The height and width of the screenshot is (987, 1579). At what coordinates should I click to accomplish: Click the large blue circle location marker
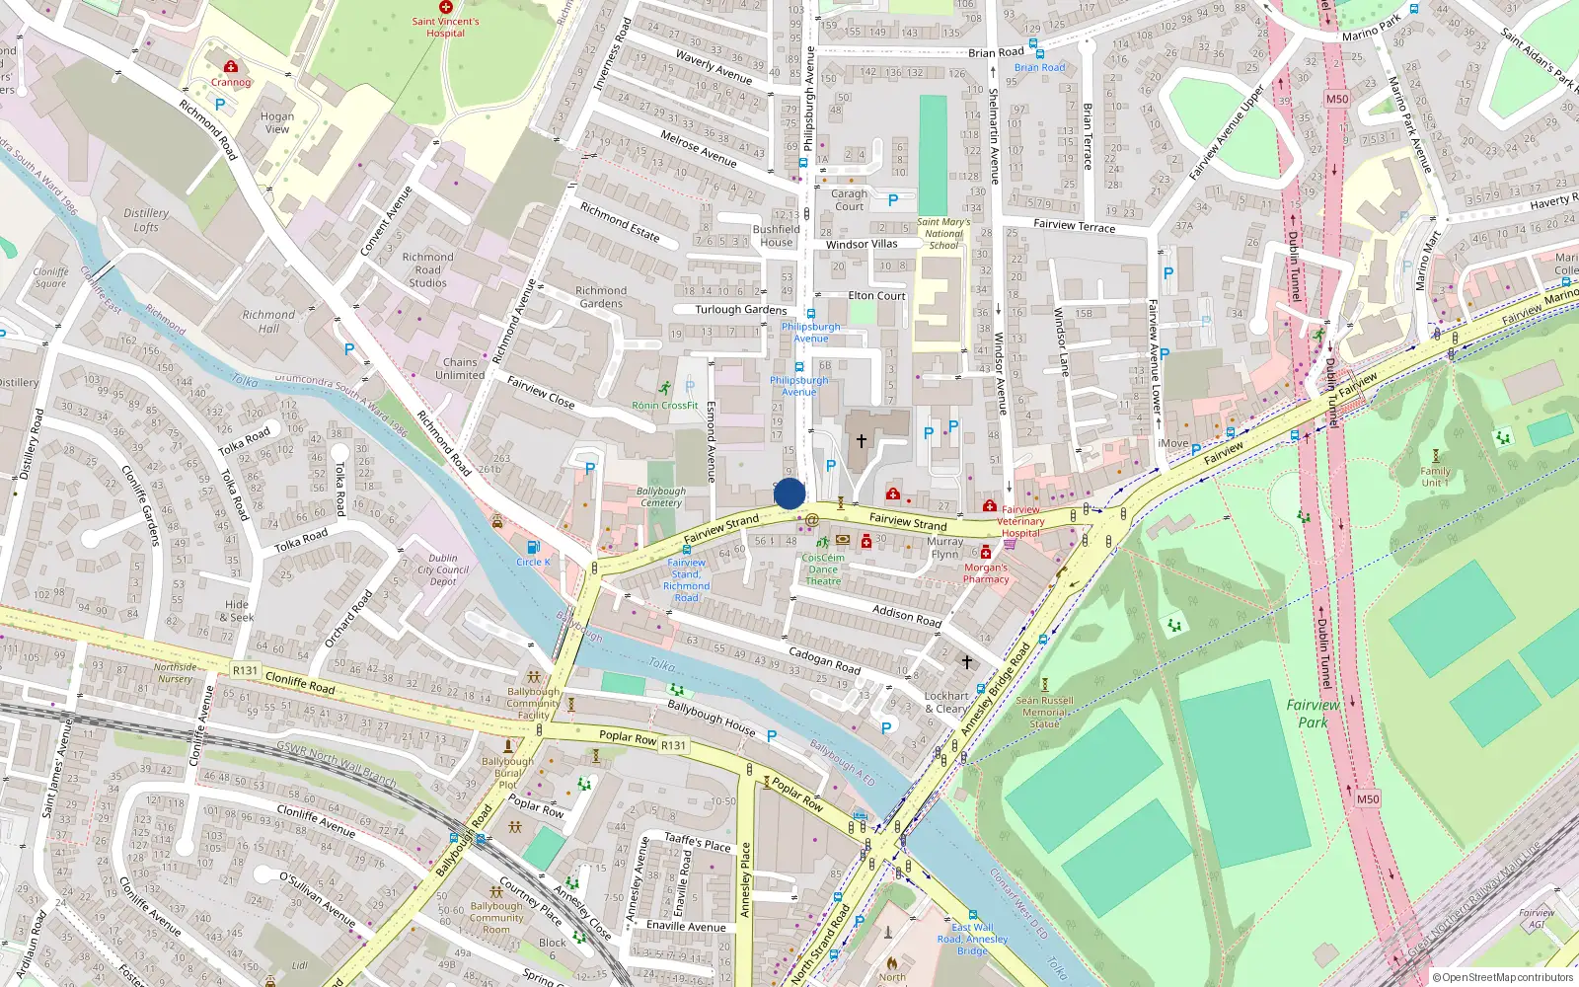click(x=789, y=493)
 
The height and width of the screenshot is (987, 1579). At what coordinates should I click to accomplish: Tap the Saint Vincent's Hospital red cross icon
click(x=446, y=7)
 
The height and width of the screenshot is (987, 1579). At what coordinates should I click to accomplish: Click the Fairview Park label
click(x=1313, y=714)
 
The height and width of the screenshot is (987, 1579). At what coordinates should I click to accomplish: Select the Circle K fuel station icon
click(x=533, y=548)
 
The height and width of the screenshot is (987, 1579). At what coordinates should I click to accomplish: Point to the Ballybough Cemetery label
click(x=661, y=496)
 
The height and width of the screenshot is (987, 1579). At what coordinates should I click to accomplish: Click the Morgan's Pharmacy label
click(x=986, y=573)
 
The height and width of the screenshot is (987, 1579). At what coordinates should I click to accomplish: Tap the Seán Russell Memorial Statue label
click(x=1044, y=712)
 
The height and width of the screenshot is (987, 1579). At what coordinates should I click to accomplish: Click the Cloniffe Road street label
click(x=300, y=682)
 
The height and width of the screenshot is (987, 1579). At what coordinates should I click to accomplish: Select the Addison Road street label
click(x=906, y=616)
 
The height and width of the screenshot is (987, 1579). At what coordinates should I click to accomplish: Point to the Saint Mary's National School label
click(x=943, y=234)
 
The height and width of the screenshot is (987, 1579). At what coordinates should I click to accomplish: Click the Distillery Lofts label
click(x=146, y=220)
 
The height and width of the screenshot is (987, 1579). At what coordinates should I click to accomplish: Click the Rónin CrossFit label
click(x=665, y=405)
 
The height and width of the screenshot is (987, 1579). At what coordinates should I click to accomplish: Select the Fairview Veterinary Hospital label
click(x=1020, y=521)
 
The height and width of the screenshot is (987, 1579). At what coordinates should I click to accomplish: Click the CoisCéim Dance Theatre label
click(x=823, y=569)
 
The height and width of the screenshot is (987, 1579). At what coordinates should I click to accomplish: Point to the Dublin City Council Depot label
click(x=443, y=569)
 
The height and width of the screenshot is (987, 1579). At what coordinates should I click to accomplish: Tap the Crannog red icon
click(x=230, y=67)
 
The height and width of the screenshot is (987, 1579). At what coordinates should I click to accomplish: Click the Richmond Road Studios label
click(x=427, y=269)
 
